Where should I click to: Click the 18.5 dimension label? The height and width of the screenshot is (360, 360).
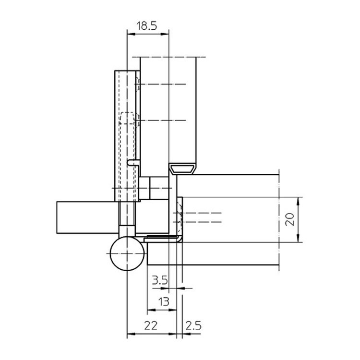(x=147, y=26)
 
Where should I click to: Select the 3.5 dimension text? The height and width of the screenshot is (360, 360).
(x=160, y=280)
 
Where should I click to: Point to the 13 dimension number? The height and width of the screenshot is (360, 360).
(x=164, y=301)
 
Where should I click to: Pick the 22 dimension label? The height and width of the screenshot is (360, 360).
(x=151, y=325)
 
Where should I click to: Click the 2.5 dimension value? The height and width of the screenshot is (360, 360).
(x=193, y=325)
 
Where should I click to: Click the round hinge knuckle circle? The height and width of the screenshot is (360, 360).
(x=127, y=253)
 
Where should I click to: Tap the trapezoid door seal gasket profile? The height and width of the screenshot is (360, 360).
(x=183, y=169)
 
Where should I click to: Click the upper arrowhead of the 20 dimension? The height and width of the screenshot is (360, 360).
(x=298, y=201)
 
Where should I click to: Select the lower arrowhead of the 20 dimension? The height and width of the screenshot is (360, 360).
(x=298, y=238)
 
